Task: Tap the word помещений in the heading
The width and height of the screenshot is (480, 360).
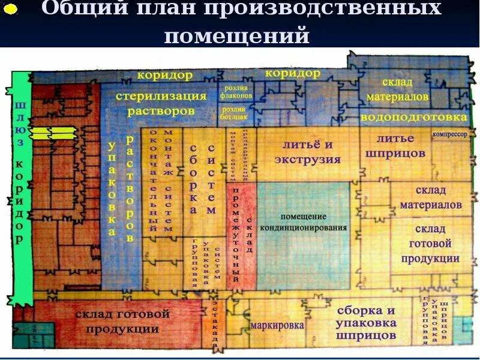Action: click(237, 36)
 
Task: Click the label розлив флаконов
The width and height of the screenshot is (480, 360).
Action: click(233, 90)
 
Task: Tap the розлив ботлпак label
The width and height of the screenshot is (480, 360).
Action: click(233, 114)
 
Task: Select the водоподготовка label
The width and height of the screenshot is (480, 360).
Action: click(413, 116)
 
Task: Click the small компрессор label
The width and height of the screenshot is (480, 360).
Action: click(449, 134)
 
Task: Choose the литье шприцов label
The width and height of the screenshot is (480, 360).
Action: click(396, 146)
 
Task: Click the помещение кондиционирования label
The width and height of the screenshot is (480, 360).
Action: click(304, 222)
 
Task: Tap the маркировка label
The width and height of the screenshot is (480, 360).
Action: click(277, 326)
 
